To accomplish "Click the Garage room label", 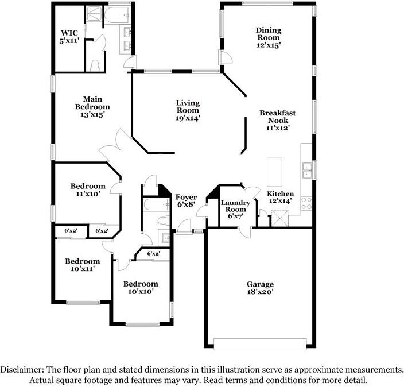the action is pos(260,284).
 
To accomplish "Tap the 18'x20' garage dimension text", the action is pos(260,292).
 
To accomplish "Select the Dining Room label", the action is pos(269,34).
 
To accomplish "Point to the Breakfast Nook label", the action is pos(278,117).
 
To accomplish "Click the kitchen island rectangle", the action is pos(274,172).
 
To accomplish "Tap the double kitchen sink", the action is pos(308,171).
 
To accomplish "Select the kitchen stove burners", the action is pos(306,203).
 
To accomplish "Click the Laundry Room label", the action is pos(235,206).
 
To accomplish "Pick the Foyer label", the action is pos(186,198).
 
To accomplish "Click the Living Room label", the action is pos(188,106).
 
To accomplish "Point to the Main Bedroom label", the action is pos(92,103).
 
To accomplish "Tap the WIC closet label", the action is pos(69,33).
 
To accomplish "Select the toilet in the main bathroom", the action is pos(95,65).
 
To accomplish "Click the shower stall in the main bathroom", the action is pos(94,14).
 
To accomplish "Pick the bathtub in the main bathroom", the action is pos(118,15).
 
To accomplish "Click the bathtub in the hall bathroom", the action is pos(157,205).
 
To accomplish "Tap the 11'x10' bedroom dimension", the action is pos(88,193).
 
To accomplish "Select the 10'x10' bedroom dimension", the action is pos(141,291).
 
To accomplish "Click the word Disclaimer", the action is pos(22,370).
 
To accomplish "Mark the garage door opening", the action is pos(260,344).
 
